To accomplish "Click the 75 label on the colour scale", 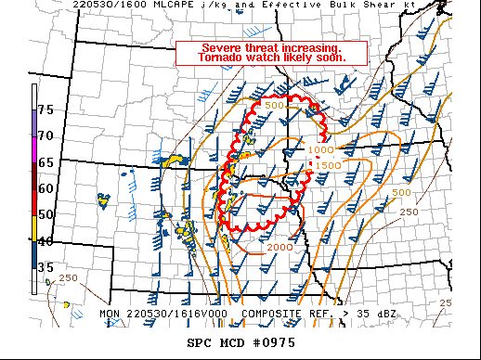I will coord(45,110).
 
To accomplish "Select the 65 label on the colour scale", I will coord(45,162).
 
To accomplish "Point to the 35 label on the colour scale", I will coord(45,267).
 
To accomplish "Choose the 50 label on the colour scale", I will coord(45,215).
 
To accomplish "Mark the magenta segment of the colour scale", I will coord(34,149).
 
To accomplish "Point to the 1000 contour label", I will coord(320,149).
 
